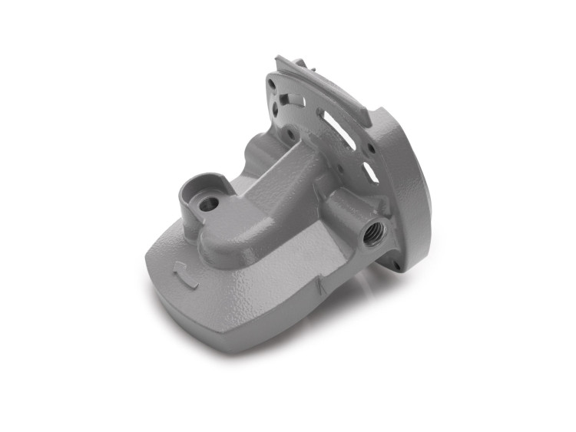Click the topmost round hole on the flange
click(x=272, y=78)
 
